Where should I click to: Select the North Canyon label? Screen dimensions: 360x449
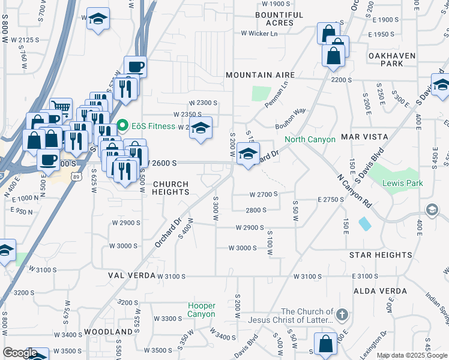pyautogui.click(x=310, y=139)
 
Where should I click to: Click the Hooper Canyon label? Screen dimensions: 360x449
pyautogui.click(x=201, y=310)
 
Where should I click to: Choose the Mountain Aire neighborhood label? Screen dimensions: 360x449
pyautogui.click(x=260, y=75)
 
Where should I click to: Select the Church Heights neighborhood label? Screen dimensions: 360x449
pyautogui.click(x=171, y=188)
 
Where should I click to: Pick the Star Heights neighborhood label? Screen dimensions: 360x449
pyautogui.click(x=381, y=255)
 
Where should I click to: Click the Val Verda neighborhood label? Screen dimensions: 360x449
pyautogui.click(x=131, y=275)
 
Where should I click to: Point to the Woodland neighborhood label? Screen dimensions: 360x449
pyautogui.click(x=108, y=331)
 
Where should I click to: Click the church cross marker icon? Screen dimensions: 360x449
pyautogui.click(x=342, y=314)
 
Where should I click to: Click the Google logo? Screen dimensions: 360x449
pyautogui.click(x=19, y=353)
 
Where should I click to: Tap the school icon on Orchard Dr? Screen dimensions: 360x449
pyautogui.click(x=248, y=154)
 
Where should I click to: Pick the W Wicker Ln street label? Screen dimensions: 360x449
pyautogui.click(x=259, y=34)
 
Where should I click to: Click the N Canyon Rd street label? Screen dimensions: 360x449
pyautogui.click(x=354, y=190)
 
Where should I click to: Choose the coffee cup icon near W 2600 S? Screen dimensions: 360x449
pyautogui.click(x=48, y=160)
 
